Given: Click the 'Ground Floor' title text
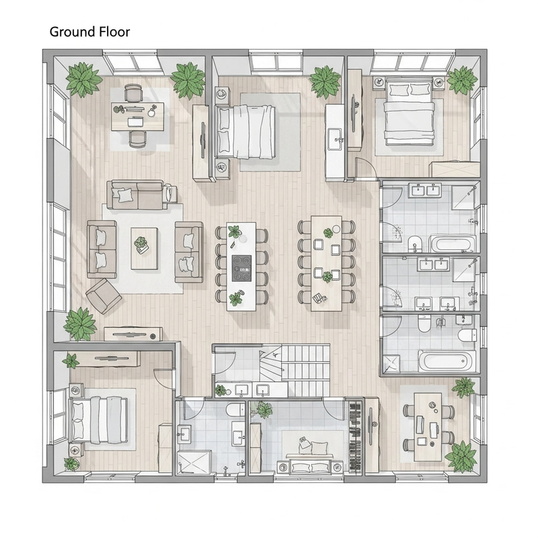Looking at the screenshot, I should [89, 32].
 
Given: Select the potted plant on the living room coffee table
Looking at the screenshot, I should [143, 245].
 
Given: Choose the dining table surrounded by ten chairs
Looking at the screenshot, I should [326, 262].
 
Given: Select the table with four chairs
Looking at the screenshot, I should [427, 426].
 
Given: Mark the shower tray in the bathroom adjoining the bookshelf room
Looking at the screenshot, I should [194, 462].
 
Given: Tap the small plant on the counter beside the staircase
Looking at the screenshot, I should [221, 390].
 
